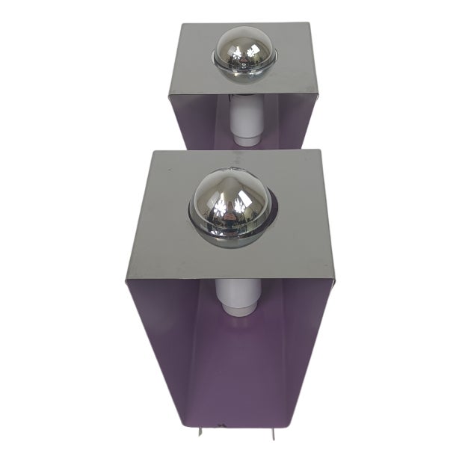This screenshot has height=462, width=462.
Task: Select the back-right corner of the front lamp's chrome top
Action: (320, 150)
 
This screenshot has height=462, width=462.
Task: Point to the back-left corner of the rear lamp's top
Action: (182, 25)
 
